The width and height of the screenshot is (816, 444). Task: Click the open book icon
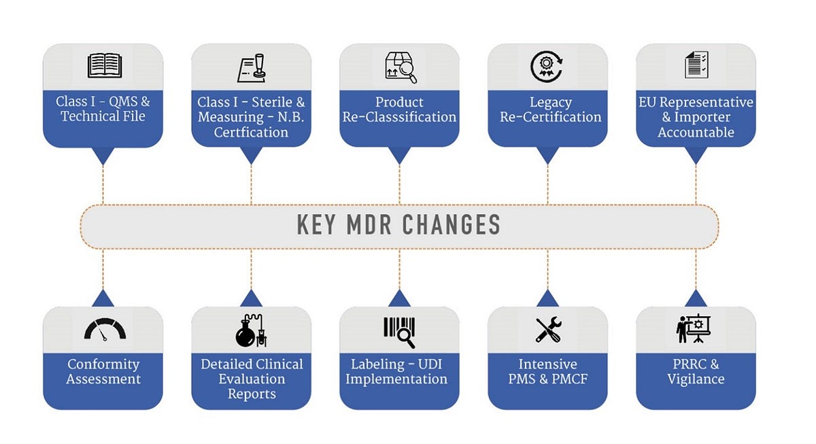104,66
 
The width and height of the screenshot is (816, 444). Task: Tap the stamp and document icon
251,67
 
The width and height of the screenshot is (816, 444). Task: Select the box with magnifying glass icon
399,66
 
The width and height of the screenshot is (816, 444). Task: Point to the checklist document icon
696,65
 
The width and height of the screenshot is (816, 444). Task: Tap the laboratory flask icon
251,329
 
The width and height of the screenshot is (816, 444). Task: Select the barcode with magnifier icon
399,330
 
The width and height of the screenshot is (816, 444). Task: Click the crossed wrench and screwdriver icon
547,329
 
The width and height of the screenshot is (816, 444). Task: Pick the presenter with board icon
696,329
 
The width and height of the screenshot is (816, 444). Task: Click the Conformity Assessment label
103,372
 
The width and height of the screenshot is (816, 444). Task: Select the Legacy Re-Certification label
550,109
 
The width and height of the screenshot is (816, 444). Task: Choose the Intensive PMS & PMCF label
547,372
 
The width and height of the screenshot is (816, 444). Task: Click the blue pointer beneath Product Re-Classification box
399,156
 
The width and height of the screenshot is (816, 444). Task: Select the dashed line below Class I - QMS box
103,184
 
